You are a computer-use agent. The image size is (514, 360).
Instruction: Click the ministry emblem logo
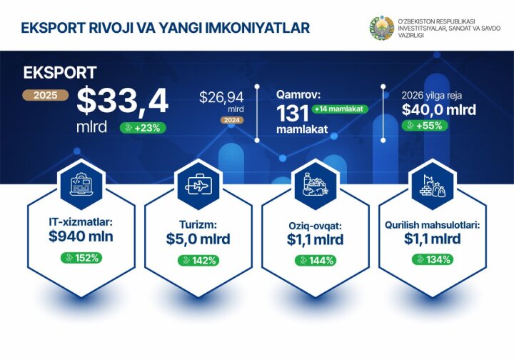[381, 27]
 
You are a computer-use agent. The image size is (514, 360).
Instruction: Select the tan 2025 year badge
[46, 95]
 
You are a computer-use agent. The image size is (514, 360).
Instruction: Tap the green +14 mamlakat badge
[340, 109]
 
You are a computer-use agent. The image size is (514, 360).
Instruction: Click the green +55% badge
[423, 126]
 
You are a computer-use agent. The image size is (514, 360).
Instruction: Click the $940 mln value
[81, 238]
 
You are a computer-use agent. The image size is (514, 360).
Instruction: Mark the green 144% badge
[315, 260]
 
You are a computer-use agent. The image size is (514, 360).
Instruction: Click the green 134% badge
[431, 259]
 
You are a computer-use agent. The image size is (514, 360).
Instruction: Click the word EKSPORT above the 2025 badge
[60, 73]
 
